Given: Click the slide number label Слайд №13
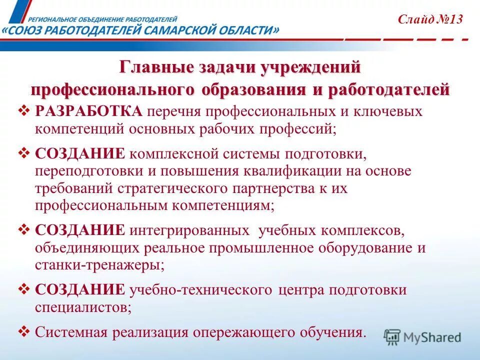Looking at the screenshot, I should click(x=430, y=19).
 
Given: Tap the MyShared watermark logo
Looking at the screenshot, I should click(x=422, y=337).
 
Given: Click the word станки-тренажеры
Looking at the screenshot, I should click(x=98, y=265).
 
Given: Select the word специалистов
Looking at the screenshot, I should click(x=82, y=307).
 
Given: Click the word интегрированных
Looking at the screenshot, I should click(x=189, y=230).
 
